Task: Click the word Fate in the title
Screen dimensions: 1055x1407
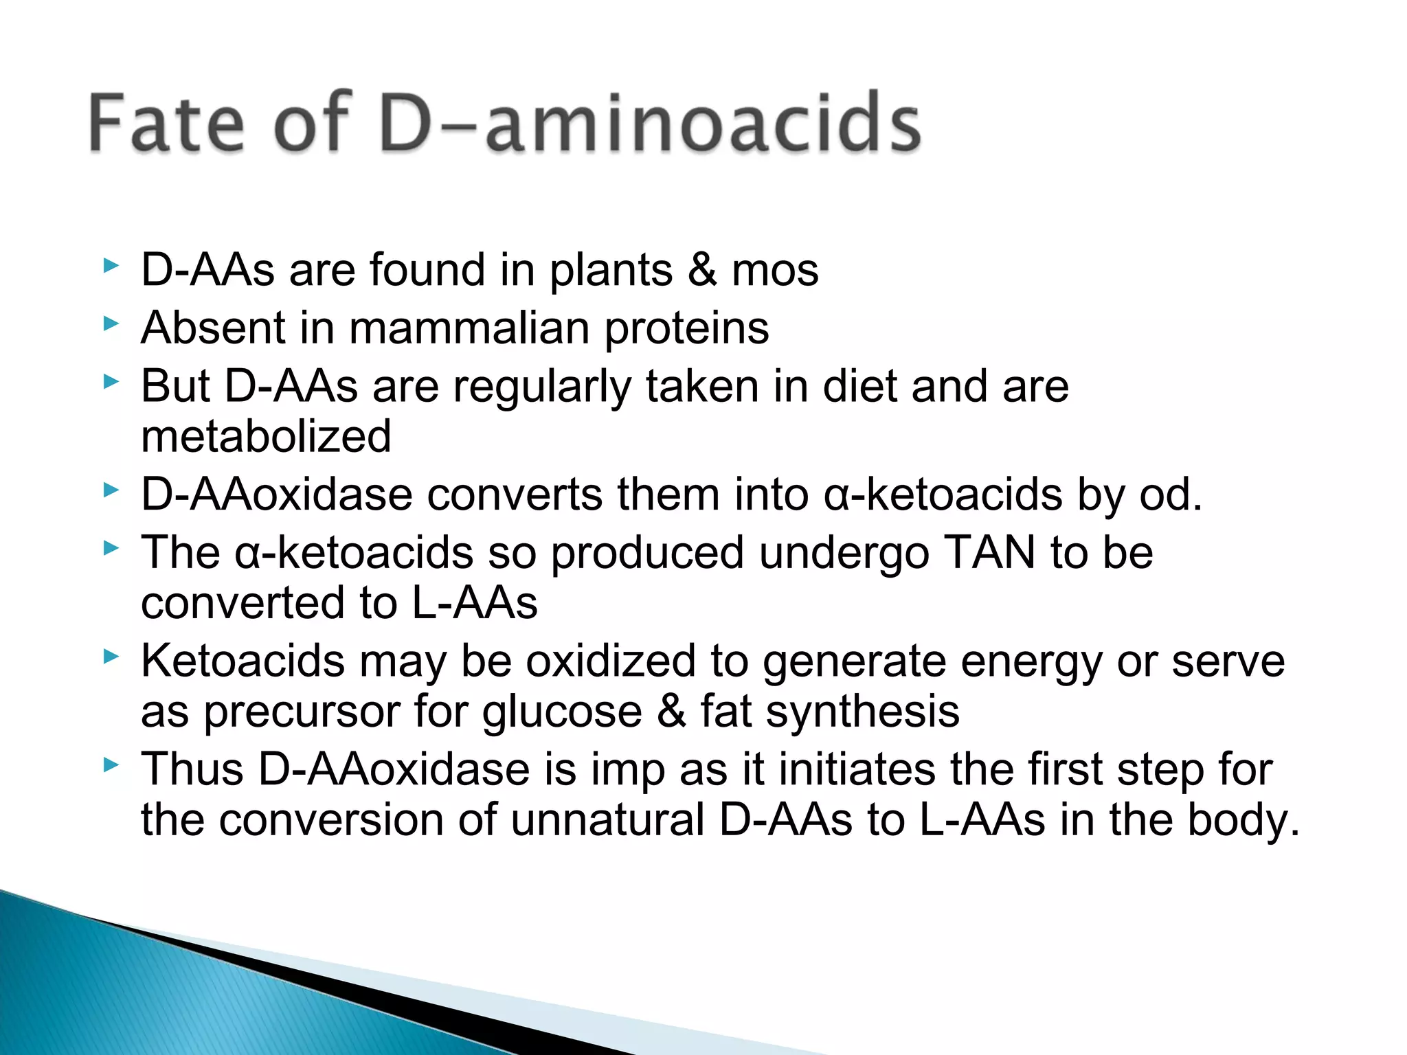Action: point(166,123)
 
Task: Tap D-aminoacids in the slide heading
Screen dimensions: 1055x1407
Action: point(650,123)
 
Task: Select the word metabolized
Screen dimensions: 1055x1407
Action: point(266,436)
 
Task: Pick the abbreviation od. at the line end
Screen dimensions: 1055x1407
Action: point(1171,495)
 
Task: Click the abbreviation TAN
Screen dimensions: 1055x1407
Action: point(990,552)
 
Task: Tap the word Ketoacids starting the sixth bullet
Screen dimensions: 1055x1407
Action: point(243,661)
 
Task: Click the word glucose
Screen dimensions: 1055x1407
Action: point(562,712)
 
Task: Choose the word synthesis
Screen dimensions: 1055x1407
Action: point(862,712)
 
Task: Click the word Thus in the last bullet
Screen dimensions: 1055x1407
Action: point(192,769)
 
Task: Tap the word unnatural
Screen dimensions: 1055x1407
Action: point(607,820)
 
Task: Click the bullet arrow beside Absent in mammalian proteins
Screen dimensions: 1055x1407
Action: point(111,324)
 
